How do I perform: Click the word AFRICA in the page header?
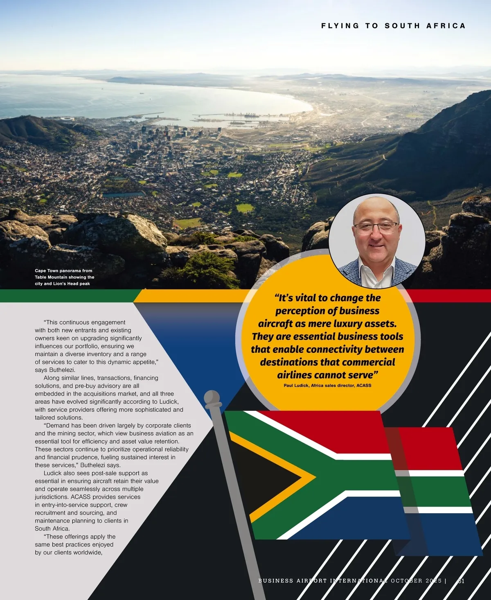point(446,26)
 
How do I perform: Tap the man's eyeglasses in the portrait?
point(376,228)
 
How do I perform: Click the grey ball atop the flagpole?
point(212,398)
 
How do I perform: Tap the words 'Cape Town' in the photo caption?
point(46,271)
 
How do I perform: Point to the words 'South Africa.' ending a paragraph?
point(52,529)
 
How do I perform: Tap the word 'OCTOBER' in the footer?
point(407,581)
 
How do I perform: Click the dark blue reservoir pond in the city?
point(123,194)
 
